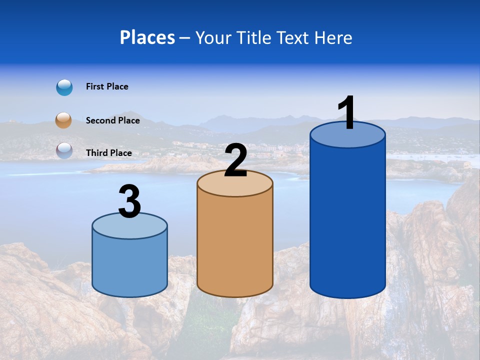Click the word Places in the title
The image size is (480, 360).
(147, 37)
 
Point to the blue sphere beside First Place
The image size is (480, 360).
(64, 87)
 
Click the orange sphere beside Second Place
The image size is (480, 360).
(63, 120)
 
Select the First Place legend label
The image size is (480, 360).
(107, 86)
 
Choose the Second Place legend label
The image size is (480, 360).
(112, 120)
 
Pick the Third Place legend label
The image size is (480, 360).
(108, 153)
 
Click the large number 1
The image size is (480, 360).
(346, 113)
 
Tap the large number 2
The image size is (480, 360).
(235, 160)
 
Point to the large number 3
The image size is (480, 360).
(130, 201)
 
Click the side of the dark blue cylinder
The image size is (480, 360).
(347, 220)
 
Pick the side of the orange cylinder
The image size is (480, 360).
(235, 245)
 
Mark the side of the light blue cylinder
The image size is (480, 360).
(130, 265)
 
